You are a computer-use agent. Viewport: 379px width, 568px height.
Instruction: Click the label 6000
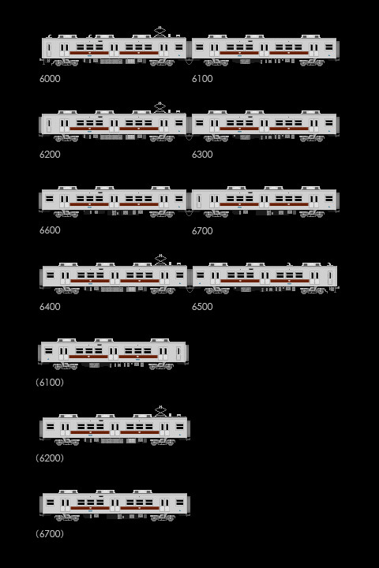tap(50, 79)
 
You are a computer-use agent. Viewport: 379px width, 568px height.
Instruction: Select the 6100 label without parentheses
tap(202, 79)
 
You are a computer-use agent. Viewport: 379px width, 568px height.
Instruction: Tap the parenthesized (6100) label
tap(50, 382)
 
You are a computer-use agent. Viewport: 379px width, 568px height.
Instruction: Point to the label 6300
tap(202, 155)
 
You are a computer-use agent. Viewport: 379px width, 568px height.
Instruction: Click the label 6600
tap(50, 230)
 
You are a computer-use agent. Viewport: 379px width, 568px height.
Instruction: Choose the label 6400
tap(50, 306)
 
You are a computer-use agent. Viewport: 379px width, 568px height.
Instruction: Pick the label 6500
tap(202, 306)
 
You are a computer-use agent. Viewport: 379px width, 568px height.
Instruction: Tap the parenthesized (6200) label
tap(50, 458)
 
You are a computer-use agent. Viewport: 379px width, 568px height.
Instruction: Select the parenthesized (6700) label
tap(50, 533)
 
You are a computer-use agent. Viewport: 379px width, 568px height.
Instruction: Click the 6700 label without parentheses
tap(202, 230)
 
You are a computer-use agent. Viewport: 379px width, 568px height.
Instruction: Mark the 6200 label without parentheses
tap(50, 155)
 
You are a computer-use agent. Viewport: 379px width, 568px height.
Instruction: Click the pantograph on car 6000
tap(159, 32)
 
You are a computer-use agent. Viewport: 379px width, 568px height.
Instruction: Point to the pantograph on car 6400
tap(160, 260)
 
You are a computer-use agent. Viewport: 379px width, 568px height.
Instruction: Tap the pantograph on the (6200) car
tap(160, 411)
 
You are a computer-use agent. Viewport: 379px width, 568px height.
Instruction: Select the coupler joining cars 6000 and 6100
tap(189, 62)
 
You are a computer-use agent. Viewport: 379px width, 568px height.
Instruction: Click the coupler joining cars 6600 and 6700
tap(189, 213)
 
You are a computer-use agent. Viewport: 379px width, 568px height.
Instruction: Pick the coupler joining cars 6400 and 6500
tap(189, 290)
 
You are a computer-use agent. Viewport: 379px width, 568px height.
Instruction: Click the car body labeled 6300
tap(265, 125)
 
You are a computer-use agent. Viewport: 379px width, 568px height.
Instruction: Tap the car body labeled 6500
tap(265, 276)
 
